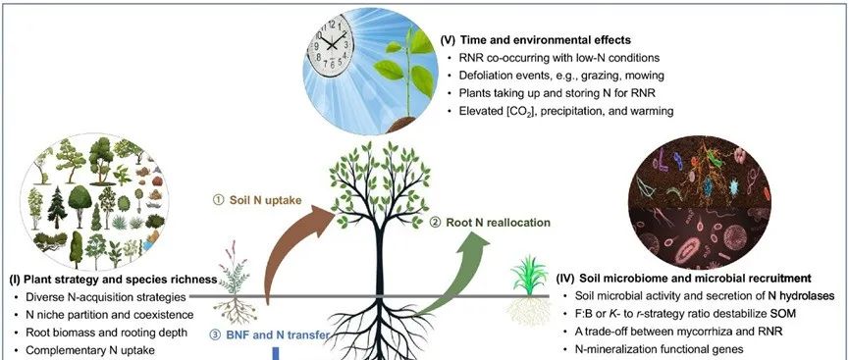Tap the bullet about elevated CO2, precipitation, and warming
coord(565,112)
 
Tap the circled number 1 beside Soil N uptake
coord(218,200)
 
